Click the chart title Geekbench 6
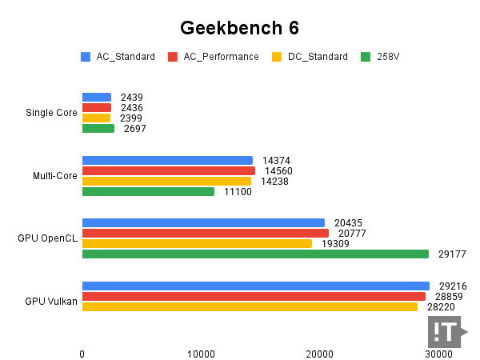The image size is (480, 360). coord(239,28)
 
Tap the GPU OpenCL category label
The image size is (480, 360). coord(48,238)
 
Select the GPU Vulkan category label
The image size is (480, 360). coord(51,301)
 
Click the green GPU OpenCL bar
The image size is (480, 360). coord(255,254)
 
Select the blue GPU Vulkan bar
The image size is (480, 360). coord(255,286)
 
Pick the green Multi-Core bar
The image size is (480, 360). coord(148,192)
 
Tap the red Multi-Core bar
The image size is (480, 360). coord(168,170)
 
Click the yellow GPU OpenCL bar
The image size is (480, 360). coord(197,243)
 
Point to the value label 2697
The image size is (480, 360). coord(135,129)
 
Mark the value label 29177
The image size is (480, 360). coord(452,254)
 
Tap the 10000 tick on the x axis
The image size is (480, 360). coord(201,354)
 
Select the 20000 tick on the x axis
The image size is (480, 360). coord(320,354)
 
